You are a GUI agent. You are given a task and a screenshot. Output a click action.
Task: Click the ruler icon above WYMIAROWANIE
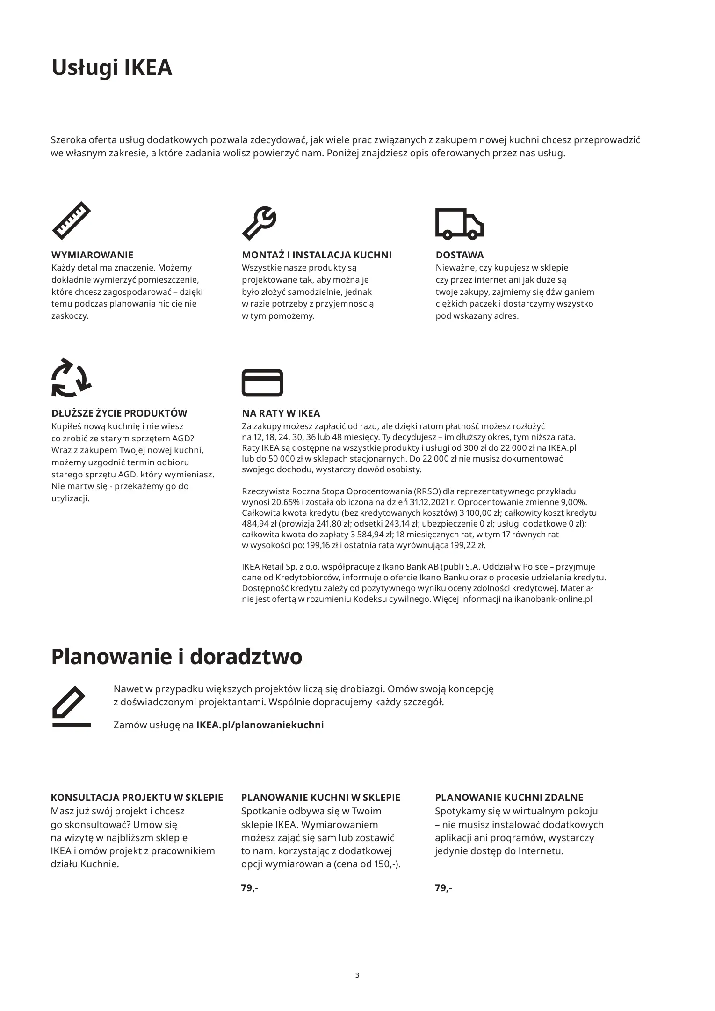tap(71, 220)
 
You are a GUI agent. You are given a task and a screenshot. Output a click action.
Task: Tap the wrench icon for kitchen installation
tap(259, 223)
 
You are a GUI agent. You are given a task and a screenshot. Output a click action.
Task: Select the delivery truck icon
tap(459, 223)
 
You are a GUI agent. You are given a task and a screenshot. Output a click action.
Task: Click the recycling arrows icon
tap(71, 378)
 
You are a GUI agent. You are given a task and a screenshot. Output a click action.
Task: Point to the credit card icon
tap(262, 382)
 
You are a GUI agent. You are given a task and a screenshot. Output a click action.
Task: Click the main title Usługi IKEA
tap(112, 68)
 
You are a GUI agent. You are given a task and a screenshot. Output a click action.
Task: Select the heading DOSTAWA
tap(459, 255)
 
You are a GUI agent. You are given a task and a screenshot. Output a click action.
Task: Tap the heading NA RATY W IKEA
tap(281, 413)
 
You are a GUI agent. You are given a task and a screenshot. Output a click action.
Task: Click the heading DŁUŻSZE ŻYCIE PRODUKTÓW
tap(119, 413)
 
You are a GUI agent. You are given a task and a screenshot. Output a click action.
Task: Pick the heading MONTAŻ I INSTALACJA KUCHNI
tap(317, 255)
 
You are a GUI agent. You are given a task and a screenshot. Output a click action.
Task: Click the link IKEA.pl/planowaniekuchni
tap(260, 725)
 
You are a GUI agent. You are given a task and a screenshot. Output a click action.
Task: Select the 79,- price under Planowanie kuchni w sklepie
tap(249, 888)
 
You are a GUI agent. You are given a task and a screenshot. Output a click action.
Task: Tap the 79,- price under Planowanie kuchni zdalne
tap(443, 888)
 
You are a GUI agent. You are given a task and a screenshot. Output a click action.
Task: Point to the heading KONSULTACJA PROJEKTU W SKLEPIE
tap(137, 798)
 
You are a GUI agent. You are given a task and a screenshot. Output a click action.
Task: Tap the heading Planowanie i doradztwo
tap(176, 657)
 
